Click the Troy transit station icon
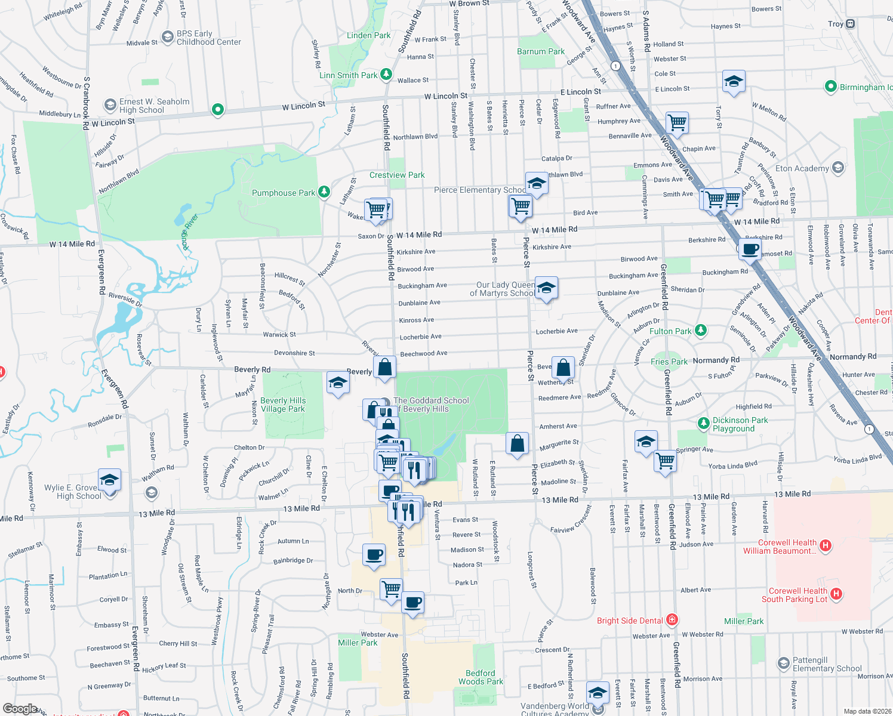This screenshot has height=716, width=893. [x=851, y=24]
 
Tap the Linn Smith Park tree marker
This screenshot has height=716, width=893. [x=386, y=74]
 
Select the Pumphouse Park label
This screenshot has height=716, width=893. [x=284, y=193]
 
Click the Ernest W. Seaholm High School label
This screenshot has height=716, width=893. [x=154, y=106]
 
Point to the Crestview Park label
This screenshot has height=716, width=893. [x=397, y=175]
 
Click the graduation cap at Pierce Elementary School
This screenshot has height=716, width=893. [x=537, y=184]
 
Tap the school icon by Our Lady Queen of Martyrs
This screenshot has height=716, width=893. [x=546, y=289]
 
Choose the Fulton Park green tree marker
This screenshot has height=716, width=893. [x=701, y=330]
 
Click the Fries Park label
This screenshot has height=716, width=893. [x=669, y=362]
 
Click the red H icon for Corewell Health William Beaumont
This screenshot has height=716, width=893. [x=826, y=545]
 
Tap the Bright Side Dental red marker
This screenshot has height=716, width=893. [x=672, y=619]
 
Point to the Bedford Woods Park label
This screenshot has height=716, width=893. [x=481, y=677]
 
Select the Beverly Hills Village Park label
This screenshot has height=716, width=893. [x=283, y=405]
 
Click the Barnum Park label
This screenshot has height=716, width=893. [x=541, y=51]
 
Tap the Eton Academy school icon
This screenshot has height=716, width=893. [x=838, y=168]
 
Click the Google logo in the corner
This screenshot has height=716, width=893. [x=20, y=709]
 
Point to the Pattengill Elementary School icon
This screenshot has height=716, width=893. [x=783, y=663]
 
